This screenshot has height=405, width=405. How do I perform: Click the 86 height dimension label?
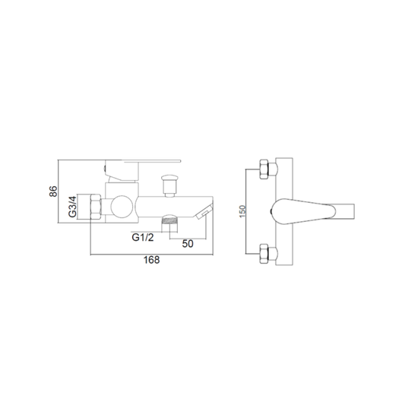pyautogui.click(x=53, y=191)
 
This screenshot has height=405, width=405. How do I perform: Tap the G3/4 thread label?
pyautogui.click(x=72, y=207)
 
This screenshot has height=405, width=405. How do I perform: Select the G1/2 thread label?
pyautogui.click(x=143, y=237)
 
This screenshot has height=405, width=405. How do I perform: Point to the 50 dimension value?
pyautogui.click(x=188, y=244)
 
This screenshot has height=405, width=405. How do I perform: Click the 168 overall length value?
pyautogui.click(x=152, y=260)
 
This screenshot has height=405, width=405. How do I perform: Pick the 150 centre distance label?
pyautogui.click(x=242, y=211)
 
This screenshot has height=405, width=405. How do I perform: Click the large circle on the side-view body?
pyautogui.click(x=122, y=207)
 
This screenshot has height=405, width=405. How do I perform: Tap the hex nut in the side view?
pyautogui.click(x=96, y=207)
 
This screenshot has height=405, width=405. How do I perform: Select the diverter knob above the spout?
pyautogui.click(x=169, y=185)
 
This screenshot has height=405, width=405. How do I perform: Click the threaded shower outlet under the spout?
pyautogui.click(x=169, y=223)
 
